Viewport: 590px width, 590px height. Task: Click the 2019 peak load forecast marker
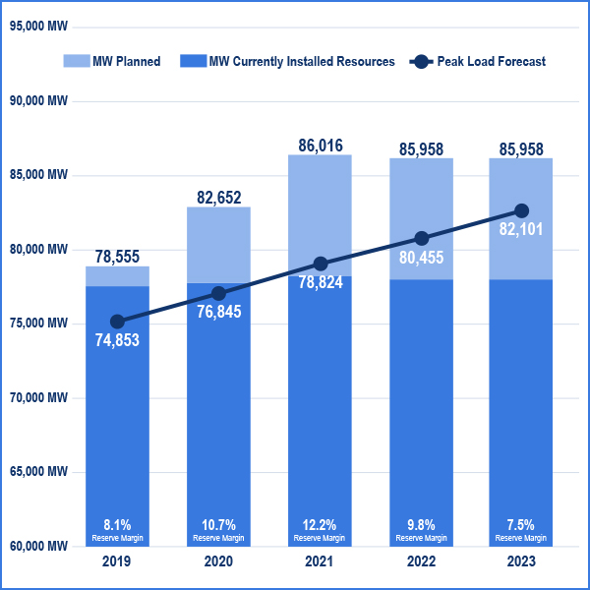(117, 322)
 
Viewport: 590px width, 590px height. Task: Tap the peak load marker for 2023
(522, 210)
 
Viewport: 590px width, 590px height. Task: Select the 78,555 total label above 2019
(117, 256)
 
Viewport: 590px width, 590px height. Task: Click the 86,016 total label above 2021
(321, 146)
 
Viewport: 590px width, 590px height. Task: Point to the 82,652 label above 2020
(219, 198)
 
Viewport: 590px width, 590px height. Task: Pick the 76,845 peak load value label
(219, 314)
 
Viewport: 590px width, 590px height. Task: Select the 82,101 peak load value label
(522, 230)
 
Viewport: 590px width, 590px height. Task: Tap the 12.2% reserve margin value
(321, 524)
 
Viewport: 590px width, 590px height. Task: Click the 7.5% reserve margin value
(522, 524)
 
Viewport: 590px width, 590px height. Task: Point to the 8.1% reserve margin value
(117, 524)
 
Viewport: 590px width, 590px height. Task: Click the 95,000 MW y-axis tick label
(38, 27)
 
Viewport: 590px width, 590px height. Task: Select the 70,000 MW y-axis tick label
(38, 397)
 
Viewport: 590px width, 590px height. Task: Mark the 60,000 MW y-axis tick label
(38, 546)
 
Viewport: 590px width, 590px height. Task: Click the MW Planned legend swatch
(75, 61)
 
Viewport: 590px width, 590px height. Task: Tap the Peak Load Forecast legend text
(491, 61)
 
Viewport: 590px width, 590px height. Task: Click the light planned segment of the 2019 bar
(117, 276)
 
